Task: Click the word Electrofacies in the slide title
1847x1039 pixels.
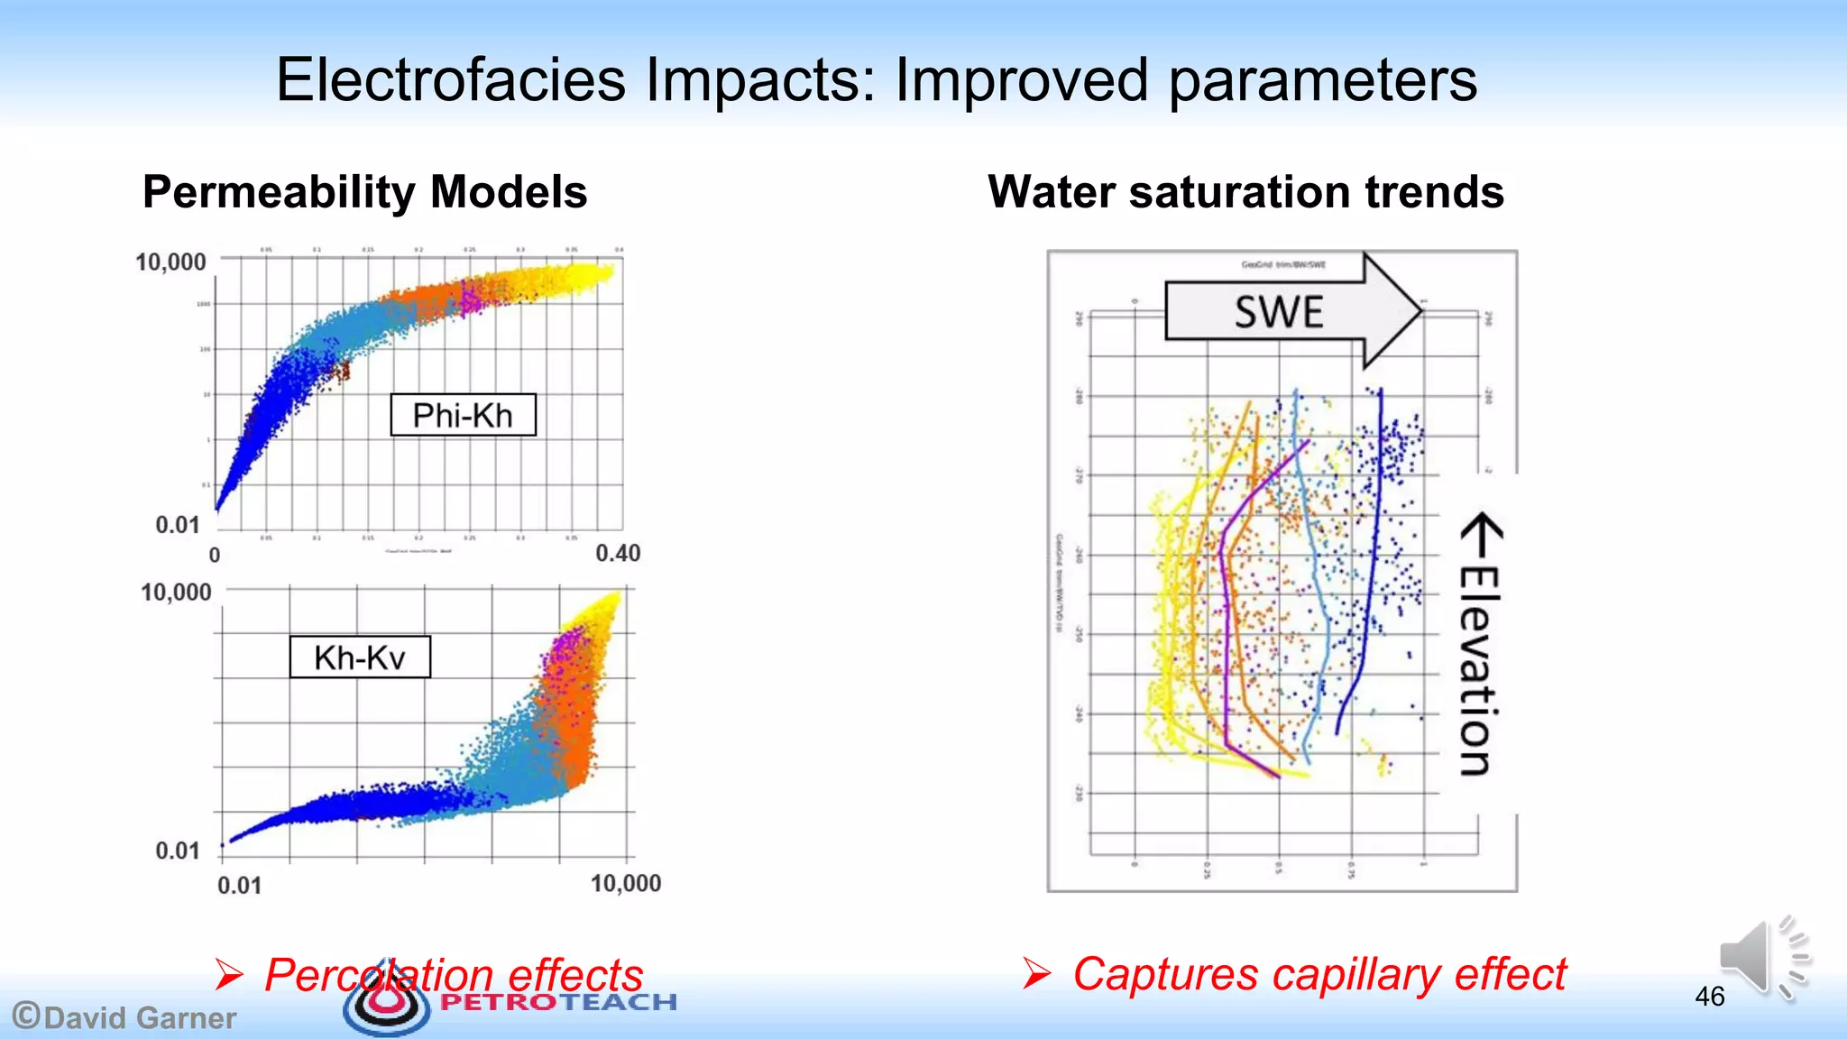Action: [x=450, y=79]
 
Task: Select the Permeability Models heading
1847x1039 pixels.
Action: [x=364, y=192]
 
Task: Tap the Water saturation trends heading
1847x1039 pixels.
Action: [x=1245, y=192]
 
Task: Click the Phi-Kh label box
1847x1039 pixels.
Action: [x=463, y=415]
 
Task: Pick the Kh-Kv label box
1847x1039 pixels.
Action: [x=360, y=657]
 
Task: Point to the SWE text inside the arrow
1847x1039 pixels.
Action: [x=1279, y=312]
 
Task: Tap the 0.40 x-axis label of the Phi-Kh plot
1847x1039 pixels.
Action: [x=618, y=553]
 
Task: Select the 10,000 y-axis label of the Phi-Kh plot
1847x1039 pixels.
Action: [x=170, y=262]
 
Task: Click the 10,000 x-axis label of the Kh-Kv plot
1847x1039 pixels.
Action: [x=626, y=883]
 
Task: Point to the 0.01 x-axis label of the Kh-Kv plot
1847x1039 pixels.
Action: [x=239, y=885]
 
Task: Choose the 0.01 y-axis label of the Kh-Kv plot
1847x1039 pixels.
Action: [x=177, y=851]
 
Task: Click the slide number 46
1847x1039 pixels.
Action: [x=1709, y=997]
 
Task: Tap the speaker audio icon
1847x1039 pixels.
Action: [x=1762, y=958]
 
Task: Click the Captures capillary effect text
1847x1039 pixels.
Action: [x=1319, y=974]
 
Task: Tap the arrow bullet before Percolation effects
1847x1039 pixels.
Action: [x=229, y=975]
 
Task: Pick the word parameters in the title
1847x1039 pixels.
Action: [x=1323, y=79]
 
